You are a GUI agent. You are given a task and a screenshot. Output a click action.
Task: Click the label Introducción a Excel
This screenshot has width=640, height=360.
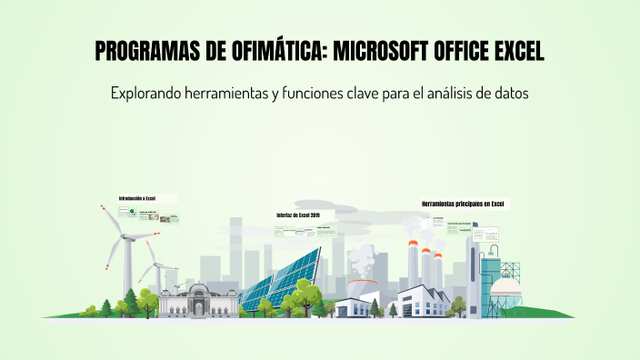[137, 198]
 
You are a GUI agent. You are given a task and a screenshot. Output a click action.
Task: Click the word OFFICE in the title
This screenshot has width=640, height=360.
[464, 53]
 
